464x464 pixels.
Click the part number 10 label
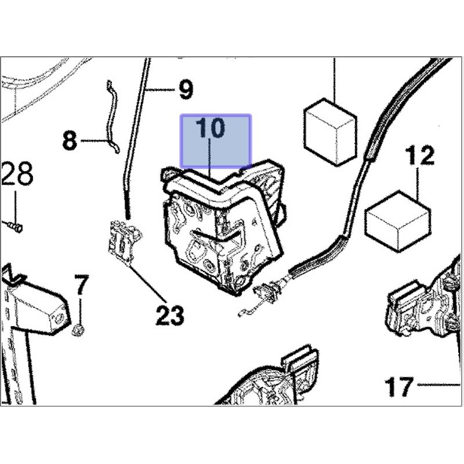tap(209, 129)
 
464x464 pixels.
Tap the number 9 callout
tap(184, 90)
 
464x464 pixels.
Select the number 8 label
tap(70, 140)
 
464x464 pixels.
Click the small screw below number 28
tap(15, 227)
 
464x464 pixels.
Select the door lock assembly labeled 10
tap(223, 226)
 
